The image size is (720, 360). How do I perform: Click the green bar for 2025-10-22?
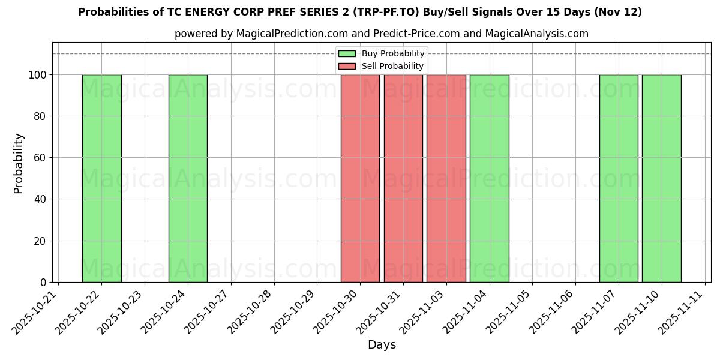[x=101, y=178]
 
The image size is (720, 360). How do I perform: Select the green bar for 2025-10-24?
[x=188, y=178]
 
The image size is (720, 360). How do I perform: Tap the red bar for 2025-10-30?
[x=360, y=178]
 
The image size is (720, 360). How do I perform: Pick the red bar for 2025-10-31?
[x=403, y=178]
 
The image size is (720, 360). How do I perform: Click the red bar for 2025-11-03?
[x=446, y=178]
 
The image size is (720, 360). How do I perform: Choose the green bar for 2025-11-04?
[x=490, y=178]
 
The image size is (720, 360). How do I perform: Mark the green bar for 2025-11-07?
[x=619, y=178]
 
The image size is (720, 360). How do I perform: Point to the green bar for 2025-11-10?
[x=662, y=178]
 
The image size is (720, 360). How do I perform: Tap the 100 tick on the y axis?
[x=39, y=75]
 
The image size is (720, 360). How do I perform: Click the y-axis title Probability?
[x=19, y=163]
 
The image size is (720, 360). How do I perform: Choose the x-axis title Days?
[x=382, y=345]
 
